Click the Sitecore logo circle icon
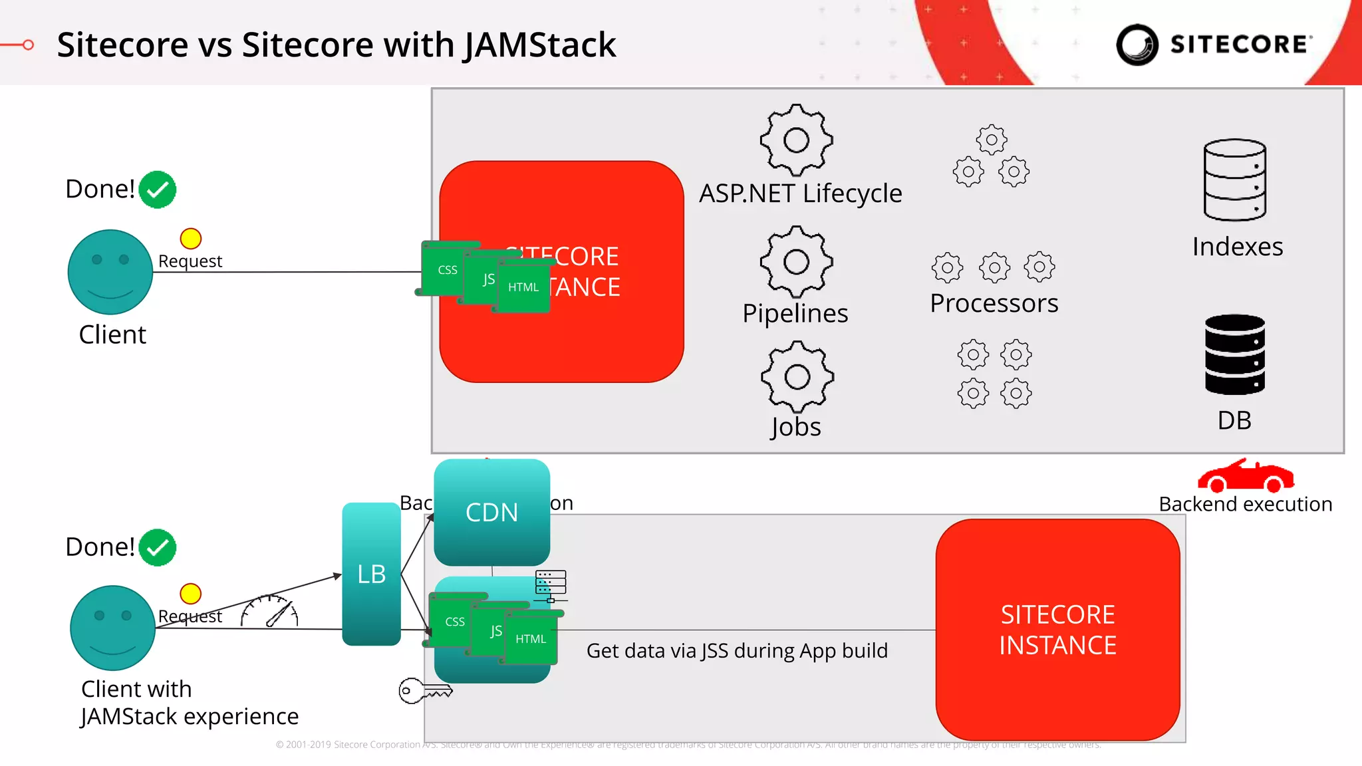pos(1137,45)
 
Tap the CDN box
pos(491,512)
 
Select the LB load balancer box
pos(371,573)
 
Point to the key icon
pos(424,691)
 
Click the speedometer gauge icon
pos(269,612)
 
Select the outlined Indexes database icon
pos(1234,180)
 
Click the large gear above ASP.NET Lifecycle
pos(796,140)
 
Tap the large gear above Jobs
pos(797,377)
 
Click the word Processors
pos(994,303)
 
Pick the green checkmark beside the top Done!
pos(158,190)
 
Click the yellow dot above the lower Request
pos(190,593)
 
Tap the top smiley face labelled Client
pos(110,272)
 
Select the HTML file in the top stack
pos(523,287)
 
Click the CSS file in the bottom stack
pos(454,622)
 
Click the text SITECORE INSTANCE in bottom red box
pos(1057,630)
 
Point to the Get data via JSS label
pos(737,650)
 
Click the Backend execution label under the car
pos(1245,504)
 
